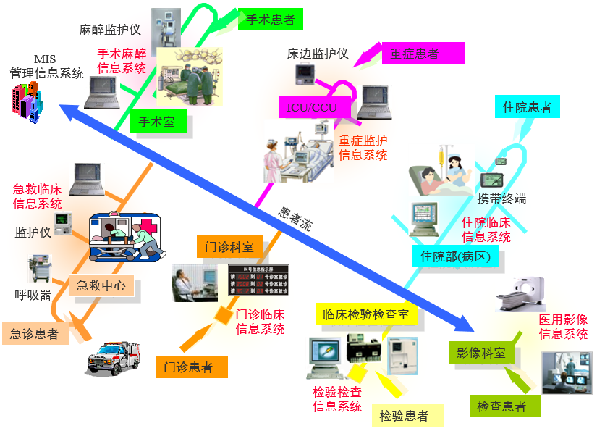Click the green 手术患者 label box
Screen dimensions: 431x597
271,20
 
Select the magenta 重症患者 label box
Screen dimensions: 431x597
414,54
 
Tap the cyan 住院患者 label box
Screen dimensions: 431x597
527,107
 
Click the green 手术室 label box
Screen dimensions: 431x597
157,122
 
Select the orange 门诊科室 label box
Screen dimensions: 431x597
229,247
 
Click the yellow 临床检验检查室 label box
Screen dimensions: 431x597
366,314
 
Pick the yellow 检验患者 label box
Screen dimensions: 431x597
404,416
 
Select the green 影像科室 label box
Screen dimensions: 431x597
480,353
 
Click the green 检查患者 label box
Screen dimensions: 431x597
501,406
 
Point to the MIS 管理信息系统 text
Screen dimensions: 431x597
46,67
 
